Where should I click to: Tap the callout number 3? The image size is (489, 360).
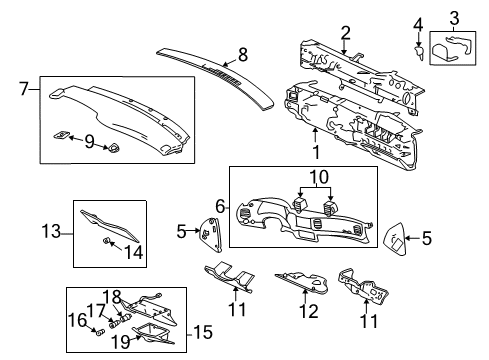pyautogui.click(x=453, y=18)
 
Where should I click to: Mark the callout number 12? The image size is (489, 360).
pyautogui.click(x=310, y=311)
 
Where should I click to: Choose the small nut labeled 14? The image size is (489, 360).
pyautogui.click(x=105, y=242)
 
